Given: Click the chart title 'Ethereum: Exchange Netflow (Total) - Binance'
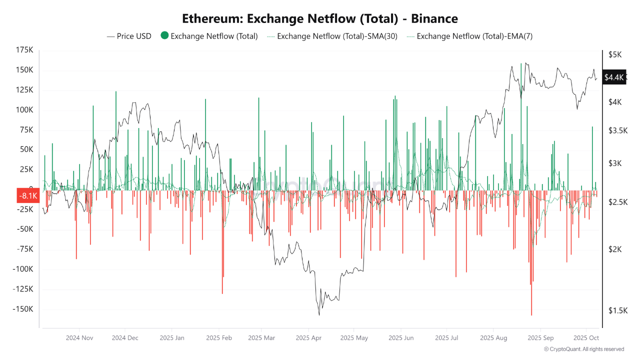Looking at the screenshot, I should tap(320, 19).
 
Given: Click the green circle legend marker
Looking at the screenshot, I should tap(164, 36).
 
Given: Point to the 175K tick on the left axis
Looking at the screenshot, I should tap(24, 50).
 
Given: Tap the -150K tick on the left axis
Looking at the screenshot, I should tap(23, 309).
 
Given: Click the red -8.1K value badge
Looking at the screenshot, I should tap(28, 196).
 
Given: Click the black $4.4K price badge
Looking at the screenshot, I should tap(614, 77).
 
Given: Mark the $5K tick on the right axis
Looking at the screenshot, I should tap(614, 54).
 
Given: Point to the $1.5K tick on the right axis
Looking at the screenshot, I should tap(618, 310).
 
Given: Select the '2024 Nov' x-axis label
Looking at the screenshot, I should tap(79, 338).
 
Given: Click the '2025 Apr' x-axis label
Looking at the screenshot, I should tap(308, 338).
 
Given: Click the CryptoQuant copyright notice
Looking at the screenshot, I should tap(583, 349).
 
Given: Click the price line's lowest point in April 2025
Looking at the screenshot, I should tap(319, 314).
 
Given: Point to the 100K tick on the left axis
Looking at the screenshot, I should tap(24, 110).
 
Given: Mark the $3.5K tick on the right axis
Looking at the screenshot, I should tap(618, 130).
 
